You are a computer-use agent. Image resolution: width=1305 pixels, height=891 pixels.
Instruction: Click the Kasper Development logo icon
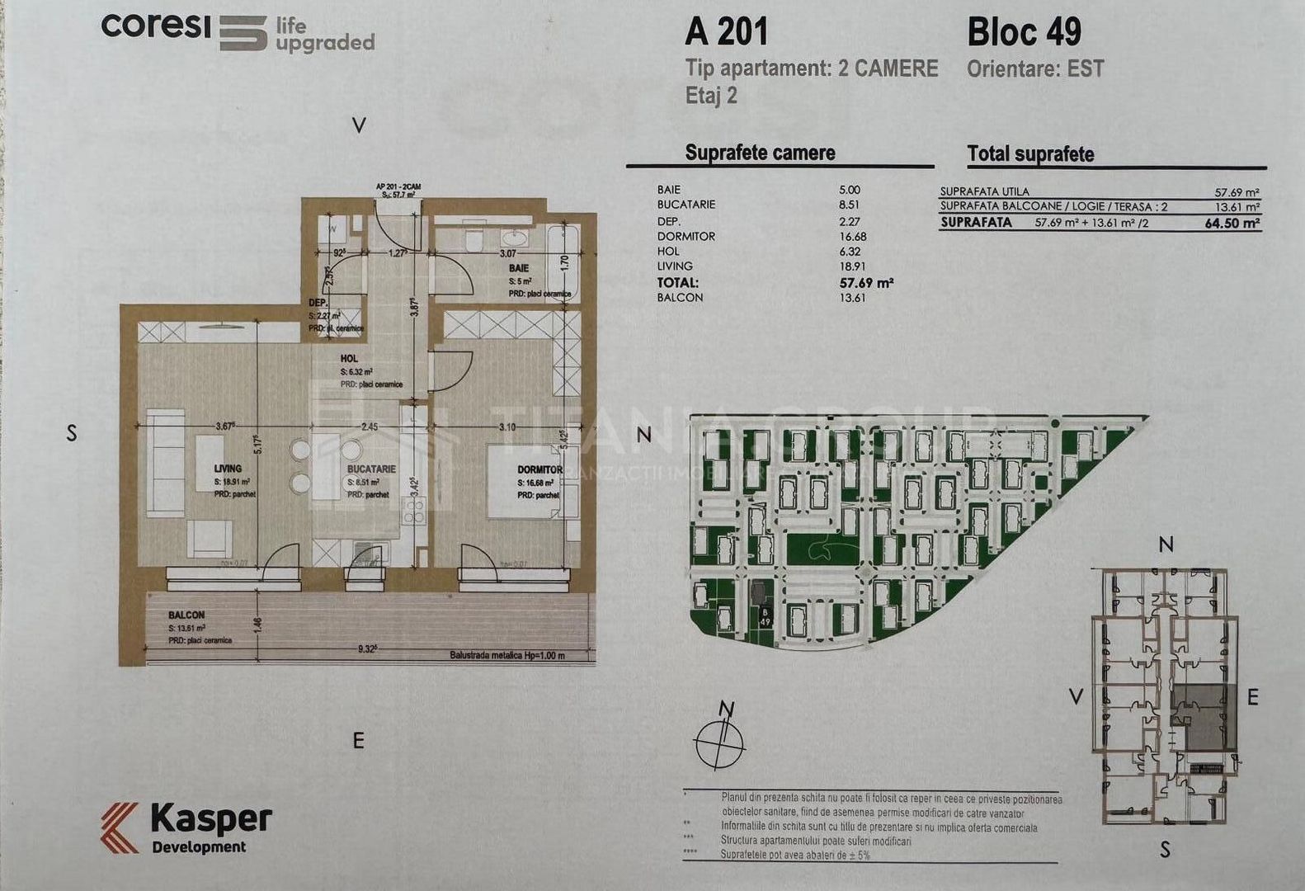120,827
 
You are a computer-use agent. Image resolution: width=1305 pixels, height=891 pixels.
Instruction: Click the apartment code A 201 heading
726,32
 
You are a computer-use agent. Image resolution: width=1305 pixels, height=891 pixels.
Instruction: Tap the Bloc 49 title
1024,32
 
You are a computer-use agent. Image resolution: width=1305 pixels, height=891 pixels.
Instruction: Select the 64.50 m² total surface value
1232,223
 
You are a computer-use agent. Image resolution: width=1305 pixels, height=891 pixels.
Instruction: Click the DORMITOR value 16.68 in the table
850,236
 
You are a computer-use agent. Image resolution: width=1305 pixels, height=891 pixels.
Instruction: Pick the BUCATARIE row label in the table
686,205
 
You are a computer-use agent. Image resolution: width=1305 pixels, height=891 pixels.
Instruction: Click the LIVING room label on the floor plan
228,469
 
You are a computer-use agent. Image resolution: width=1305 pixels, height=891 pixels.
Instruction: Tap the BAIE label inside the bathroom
519,268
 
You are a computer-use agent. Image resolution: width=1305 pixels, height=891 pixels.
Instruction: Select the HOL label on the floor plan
349,359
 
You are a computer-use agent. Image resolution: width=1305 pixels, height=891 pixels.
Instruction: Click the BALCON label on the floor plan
186,615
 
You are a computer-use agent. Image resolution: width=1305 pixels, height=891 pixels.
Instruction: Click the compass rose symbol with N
719,737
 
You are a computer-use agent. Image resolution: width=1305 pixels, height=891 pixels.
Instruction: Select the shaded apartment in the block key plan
1204,716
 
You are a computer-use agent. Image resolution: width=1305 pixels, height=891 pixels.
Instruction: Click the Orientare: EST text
1035,68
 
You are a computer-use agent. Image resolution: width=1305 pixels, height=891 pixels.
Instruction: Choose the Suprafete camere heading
760,153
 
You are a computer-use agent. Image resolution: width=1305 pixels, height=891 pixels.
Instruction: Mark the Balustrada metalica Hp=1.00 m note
507,656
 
